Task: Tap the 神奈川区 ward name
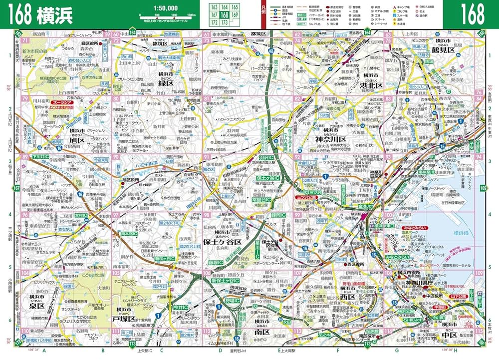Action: pyautogui.click(x=335, y=139)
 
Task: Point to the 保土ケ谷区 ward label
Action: pyautogui.click(x=222, y=242)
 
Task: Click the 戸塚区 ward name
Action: pyautogui.click(x=125, y=318)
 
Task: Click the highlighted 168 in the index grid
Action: pyautogui.click(x=225, y=15)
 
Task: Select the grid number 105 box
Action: pyautogui.click(x=116, y=273)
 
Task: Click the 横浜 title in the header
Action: pyautogui.click(x=54, y=14)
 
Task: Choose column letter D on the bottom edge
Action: pyautogui.click(x=220, y=351)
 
